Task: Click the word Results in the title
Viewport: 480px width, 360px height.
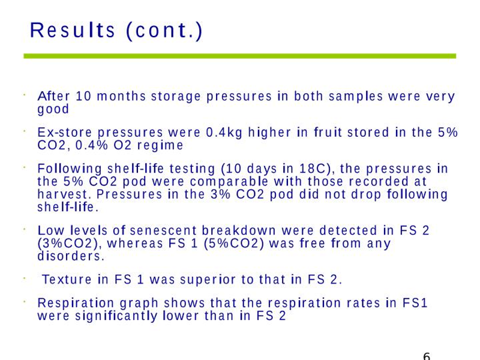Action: tap(72, 30)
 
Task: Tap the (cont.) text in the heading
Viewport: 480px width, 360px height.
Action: tap(164, 31)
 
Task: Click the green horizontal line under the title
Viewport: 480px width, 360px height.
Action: tap(239, 56)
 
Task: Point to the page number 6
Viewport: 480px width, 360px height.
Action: tap(427, 356)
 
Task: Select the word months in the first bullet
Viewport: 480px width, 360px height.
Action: tap(121, 96)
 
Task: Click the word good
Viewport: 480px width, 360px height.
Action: tap(53, 109)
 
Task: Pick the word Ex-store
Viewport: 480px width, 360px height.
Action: tap(65, 132)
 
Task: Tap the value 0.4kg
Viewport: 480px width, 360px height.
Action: tap(224, 133)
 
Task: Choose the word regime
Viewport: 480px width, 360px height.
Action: tap(160, 145)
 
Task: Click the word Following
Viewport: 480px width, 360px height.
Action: tap(70, 169)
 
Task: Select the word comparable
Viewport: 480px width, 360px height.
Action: tap(229, 182)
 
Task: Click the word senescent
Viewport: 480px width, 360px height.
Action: tap(163, 230)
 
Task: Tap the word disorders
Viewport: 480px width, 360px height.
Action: tap(71, 256)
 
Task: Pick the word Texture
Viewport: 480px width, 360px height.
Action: tap(67, 280)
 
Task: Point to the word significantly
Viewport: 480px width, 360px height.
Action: tap(116, 316)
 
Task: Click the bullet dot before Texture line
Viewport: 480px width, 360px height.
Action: tap(24, 278)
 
